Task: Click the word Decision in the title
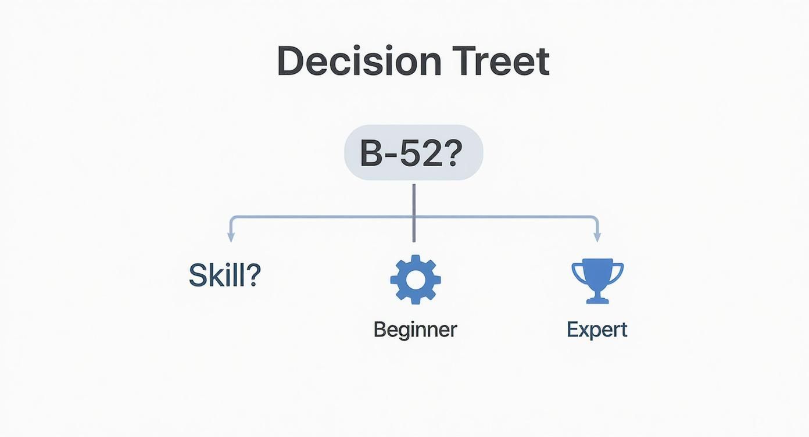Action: click(x=359, y=60)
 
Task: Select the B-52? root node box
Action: click(x=414, y=152)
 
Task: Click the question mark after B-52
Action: click(x=452, y=153)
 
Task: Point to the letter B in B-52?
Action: click(x=371, y=153)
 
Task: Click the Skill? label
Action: click(x=225, y=275)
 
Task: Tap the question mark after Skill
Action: click(x=252, y=275)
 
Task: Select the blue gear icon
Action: click(x=416, y=280)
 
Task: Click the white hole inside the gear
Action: click(x=416, y=280)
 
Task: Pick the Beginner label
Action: click(x=415, y=329)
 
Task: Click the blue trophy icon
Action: click(x=597, y=281)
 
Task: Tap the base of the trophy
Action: click(x=597, y=299)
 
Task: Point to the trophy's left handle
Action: click(x=577, y=273)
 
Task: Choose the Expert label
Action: click(x=597, y=329)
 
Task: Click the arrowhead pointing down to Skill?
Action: click(x=231, y=237)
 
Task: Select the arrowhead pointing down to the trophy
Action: click(x=597, y=237)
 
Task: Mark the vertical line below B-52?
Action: click(x=414, y=213)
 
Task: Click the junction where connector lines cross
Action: click(x=414, y=217)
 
